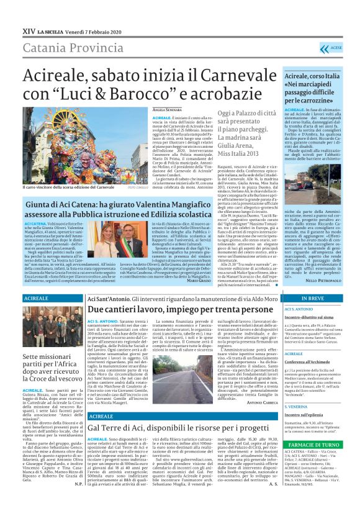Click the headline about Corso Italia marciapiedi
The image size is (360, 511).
click(313, 89)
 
